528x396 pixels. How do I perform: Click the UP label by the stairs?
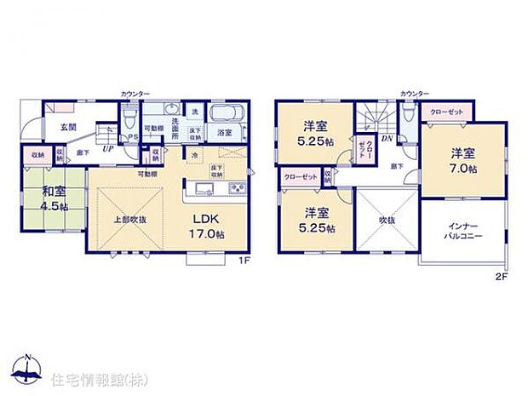[x=106, y=148]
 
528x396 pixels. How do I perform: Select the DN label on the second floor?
[x=386, y=137]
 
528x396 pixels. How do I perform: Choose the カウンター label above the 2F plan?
[x=416, y=92]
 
